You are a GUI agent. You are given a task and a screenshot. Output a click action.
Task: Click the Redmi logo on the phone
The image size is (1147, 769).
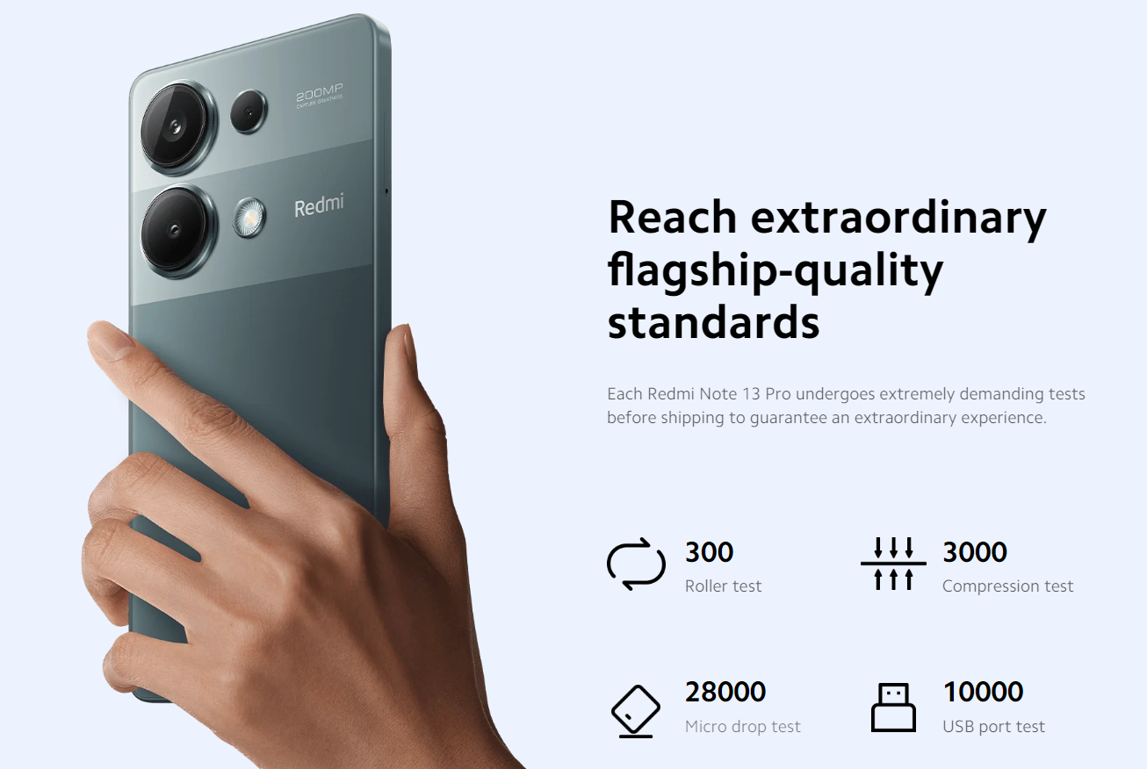[x=319, y=205]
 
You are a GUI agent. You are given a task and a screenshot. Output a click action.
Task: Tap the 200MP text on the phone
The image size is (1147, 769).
[x=320, y=93]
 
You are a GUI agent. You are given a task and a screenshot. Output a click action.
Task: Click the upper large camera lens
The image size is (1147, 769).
[x=177, y=126]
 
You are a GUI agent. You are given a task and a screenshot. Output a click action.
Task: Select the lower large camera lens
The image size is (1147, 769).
[x=177, y=230]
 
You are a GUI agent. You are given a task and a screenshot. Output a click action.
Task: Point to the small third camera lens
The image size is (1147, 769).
[x=249, y=111]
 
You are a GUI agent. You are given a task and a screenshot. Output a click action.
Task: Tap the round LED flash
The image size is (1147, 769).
[x=249, y=218]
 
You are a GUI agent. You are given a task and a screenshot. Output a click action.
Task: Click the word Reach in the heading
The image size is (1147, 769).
[x=673, y=217]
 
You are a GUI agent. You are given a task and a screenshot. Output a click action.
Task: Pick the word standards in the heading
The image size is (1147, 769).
[x=713, y=322]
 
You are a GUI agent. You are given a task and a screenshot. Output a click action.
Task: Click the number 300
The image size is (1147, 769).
[x=710, y=552]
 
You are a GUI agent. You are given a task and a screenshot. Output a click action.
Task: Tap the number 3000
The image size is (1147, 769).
[x=975, y=552]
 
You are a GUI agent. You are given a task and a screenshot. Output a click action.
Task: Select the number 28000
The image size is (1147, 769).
[x=725, y=692]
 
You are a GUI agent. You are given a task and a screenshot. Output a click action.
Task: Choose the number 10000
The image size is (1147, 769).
[x=983, y=692]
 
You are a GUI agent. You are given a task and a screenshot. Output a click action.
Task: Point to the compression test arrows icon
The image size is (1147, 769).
[x=893, y=564]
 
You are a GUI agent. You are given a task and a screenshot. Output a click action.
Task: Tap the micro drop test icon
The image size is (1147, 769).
[x=636, y=711]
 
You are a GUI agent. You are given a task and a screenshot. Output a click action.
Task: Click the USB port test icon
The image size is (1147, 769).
[x=893, y=707]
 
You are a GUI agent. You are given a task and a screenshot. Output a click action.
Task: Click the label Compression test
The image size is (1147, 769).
[x=1007, y=586]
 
